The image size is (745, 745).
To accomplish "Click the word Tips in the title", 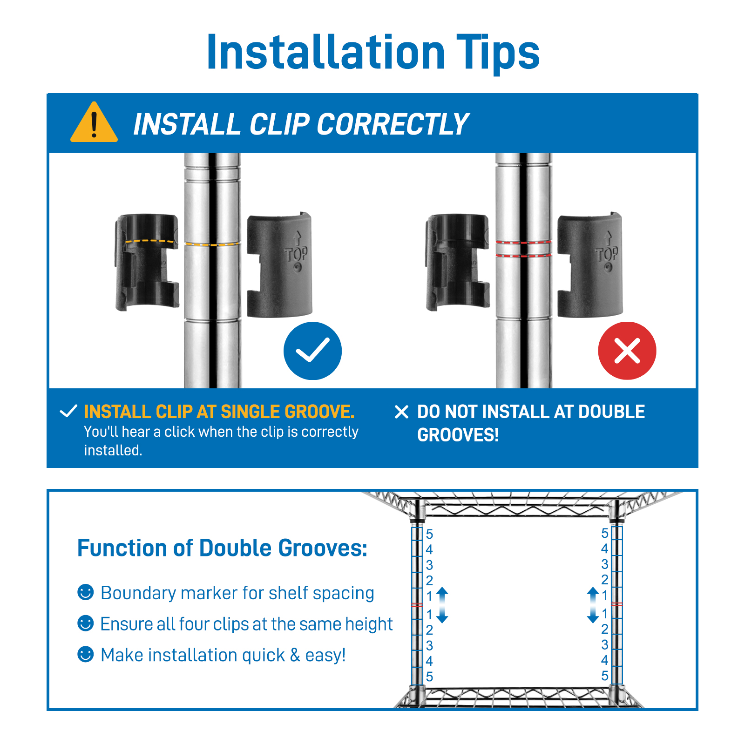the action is pyautogui.click(x=497, y=53).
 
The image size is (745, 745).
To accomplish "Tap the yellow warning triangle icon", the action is pyautogui.click(x=94, y=122).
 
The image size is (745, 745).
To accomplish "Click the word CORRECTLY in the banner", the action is pyautogui.click(x=393, y=124).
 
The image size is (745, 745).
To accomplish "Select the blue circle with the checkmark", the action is pyautogui.click(x=312, y=351).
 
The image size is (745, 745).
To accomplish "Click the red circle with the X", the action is pyautogui.click(x=627, y=351).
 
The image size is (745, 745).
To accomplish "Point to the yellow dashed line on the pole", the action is pyautogui.click(x=212, y=244).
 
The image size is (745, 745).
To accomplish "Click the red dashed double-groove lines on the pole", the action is pyautogui.click(x=523, y=249).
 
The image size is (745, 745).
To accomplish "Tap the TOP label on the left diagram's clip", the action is pyautogui.click(x=297, y=254).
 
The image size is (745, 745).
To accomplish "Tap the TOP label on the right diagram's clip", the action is pyautogui.click(x=607, y=254).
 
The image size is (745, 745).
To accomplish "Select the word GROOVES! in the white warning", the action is pyautogui.click(x=458, y=435).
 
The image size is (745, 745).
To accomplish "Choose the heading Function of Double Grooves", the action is pyautogui.click(x=222, y=548).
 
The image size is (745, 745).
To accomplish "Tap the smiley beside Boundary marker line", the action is pyautogui.click(x=86, y=592).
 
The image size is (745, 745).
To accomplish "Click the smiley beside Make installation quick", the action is pyautogui.click(x=86, y=654).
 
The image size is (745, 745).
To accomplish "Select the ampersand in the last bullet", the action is pyautogui.click(x=295, y=655).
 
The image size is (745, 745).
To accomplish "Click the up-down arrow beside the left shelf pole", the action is pyautogui.click(x=442, y=605).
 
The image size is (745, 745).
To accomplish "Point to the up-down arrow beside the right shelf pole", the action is pyautogui.click(x=593, y=605).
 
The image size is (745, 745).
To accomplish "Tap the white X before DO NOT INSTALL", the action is pyautogui.click(x=401, y=412).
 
